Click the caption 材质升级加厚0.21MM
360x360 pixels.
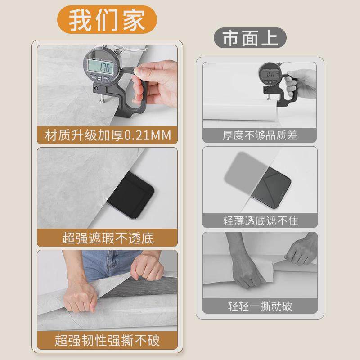pyautogui.click(x=108, y=135)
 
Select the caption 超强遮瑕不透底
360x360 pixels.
pyautogui.click(x=108, y=237)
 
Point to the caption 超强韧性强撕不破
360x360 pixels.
pyautogui.click(x=108, y=340)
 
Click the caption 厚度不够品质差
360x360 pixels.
pyautogui.click(x=260, y=135)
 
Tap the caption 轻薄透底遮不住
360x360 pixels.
pyautogui.click(x=260, y=220)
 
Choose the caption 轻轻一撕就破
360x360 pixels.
pyautogui.click(x=260, y=307)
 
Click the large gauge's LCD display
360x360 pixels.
pyautogui.click(x=101, y=68)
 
